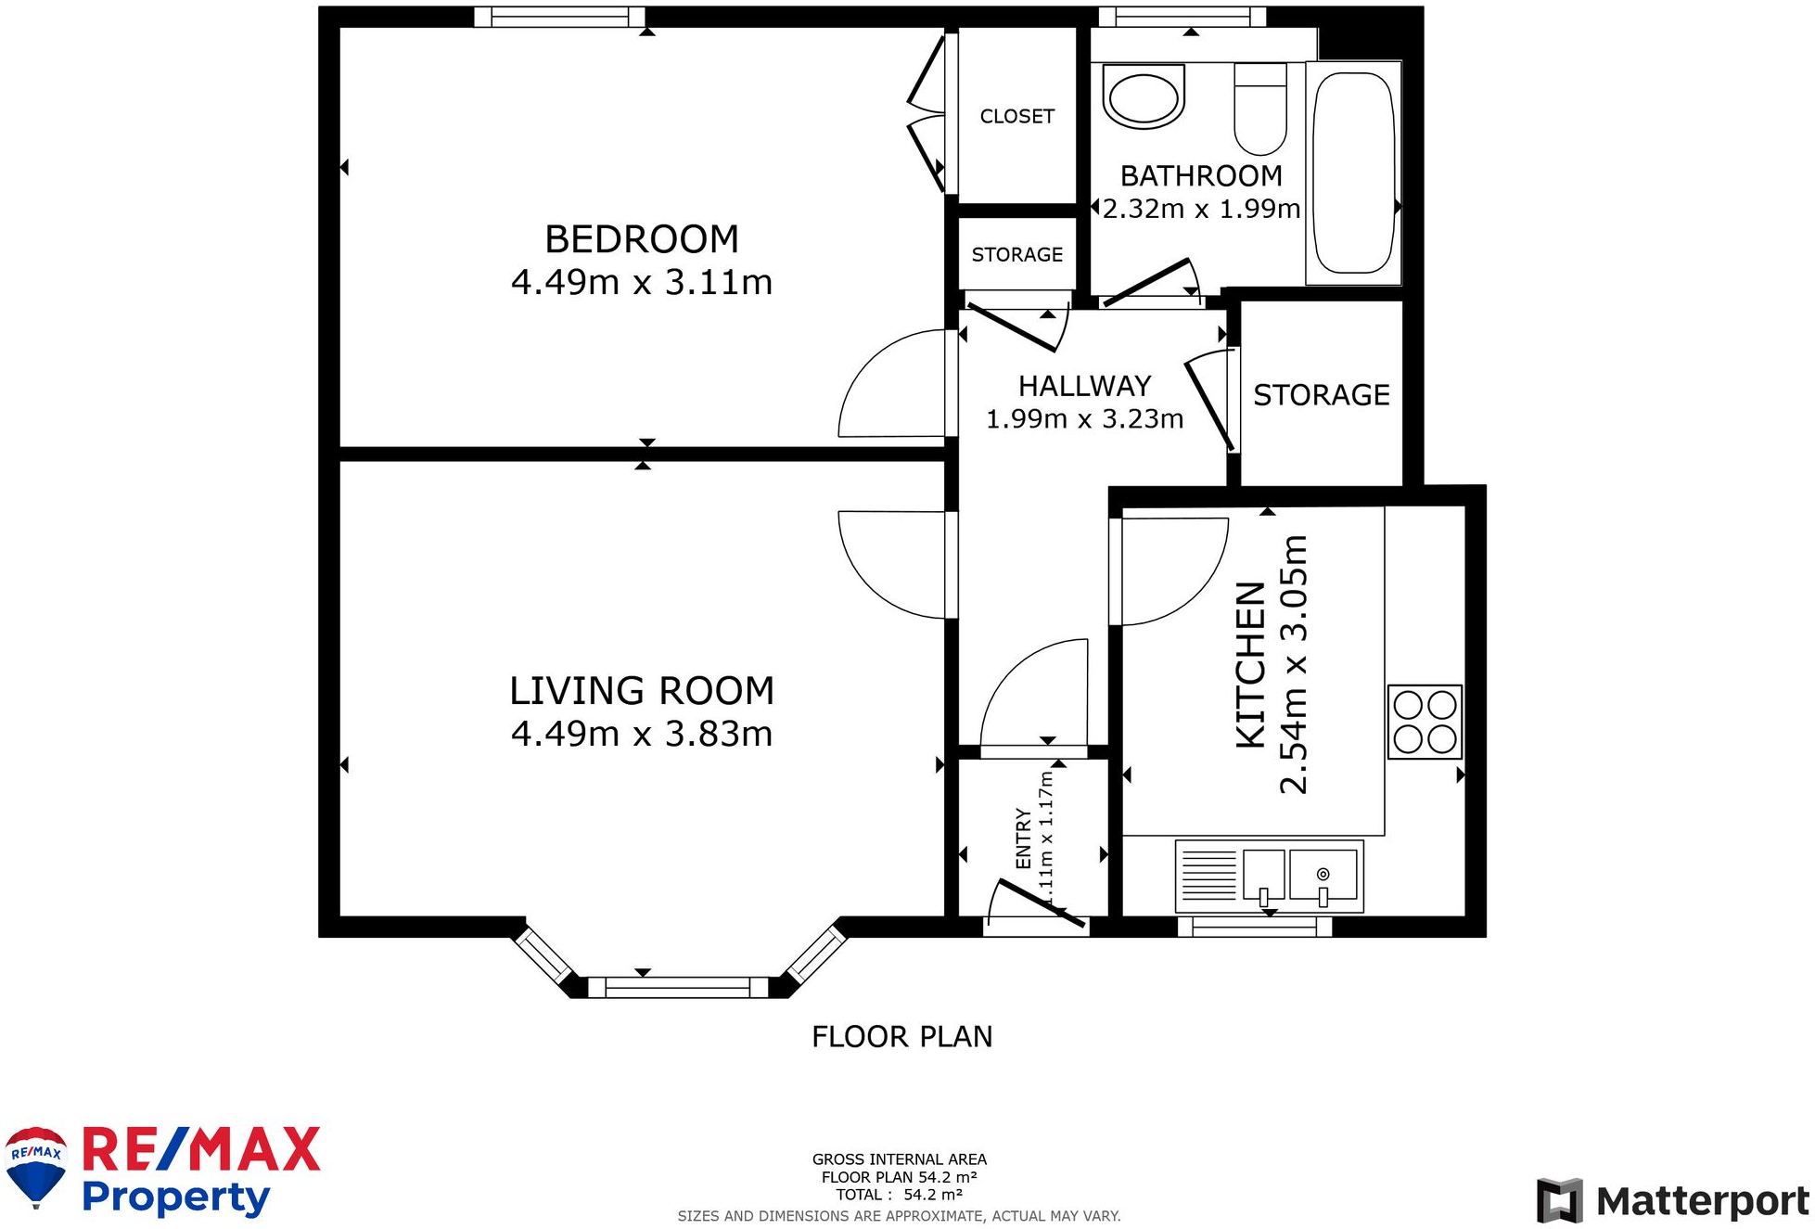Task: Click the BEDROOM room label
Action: click(x=642, y=239)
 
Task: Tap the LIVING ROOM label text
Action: click(x=642, y=691)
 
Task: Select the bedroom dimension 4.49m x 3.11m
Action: click(x=642, y=282)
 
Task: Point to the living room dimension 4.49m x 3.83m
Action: click(x=642, y=734)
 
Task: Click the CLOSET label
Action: click(x=1017, y=116)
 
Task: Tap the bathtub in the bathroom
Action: click(x=1354, y=173)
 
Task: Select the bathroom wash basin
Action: click(x=1144, y=96)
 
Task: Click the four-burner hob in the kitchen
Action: click(x=1425, y=722)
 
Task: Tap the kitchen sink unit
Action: click(x=1269, y=877)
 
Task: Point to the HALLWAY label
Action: click(x=1084, y=386)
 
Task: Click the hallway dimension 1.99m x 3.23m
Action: click(x=1084, y=419)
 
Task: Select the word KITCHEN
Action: click(x=1251, y=664)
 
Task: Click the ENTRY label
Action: click(x=1023, y=839)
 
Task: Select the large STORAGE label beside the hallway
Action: click(x=1322, y=395)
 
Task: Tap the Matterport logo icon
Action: click(x=1560, y=1200)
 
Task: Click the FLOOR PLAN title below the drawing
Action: click(x=901, y=1036)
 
